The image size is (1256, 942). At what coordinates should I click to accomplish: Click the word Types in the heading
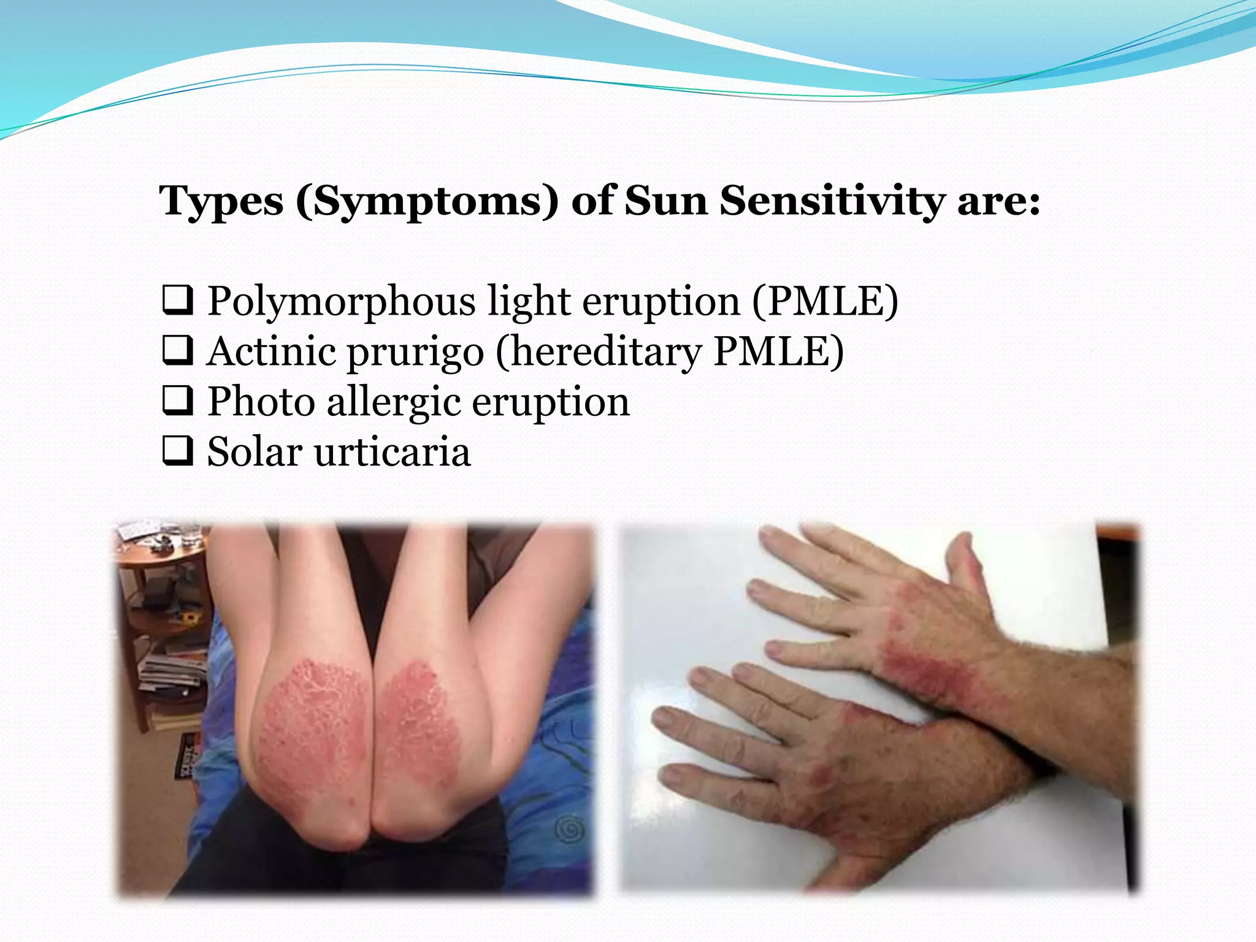221,201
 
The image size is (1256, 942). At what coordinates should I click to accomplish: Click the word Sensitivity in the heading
832,201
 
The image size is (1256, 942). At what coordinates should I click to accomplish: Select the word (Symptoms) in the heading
427,201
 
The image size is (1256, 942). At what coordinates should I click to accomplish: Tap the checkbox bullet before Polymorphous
178,301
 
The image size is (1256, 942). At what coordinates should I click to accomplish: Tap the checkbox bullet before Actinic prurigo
178,351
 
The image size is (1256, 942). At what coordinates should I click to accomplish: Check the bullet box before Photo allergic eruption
178,402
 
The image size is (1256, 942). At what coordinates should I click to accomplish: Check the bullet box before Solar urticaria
178,452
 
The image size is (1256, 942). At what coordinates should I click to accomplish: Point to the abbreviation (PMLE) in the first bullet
825,301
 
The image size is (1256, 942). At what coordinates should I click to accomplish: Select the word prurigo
415,351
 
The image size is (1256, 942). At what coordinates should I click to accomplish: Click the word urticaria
392,452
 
